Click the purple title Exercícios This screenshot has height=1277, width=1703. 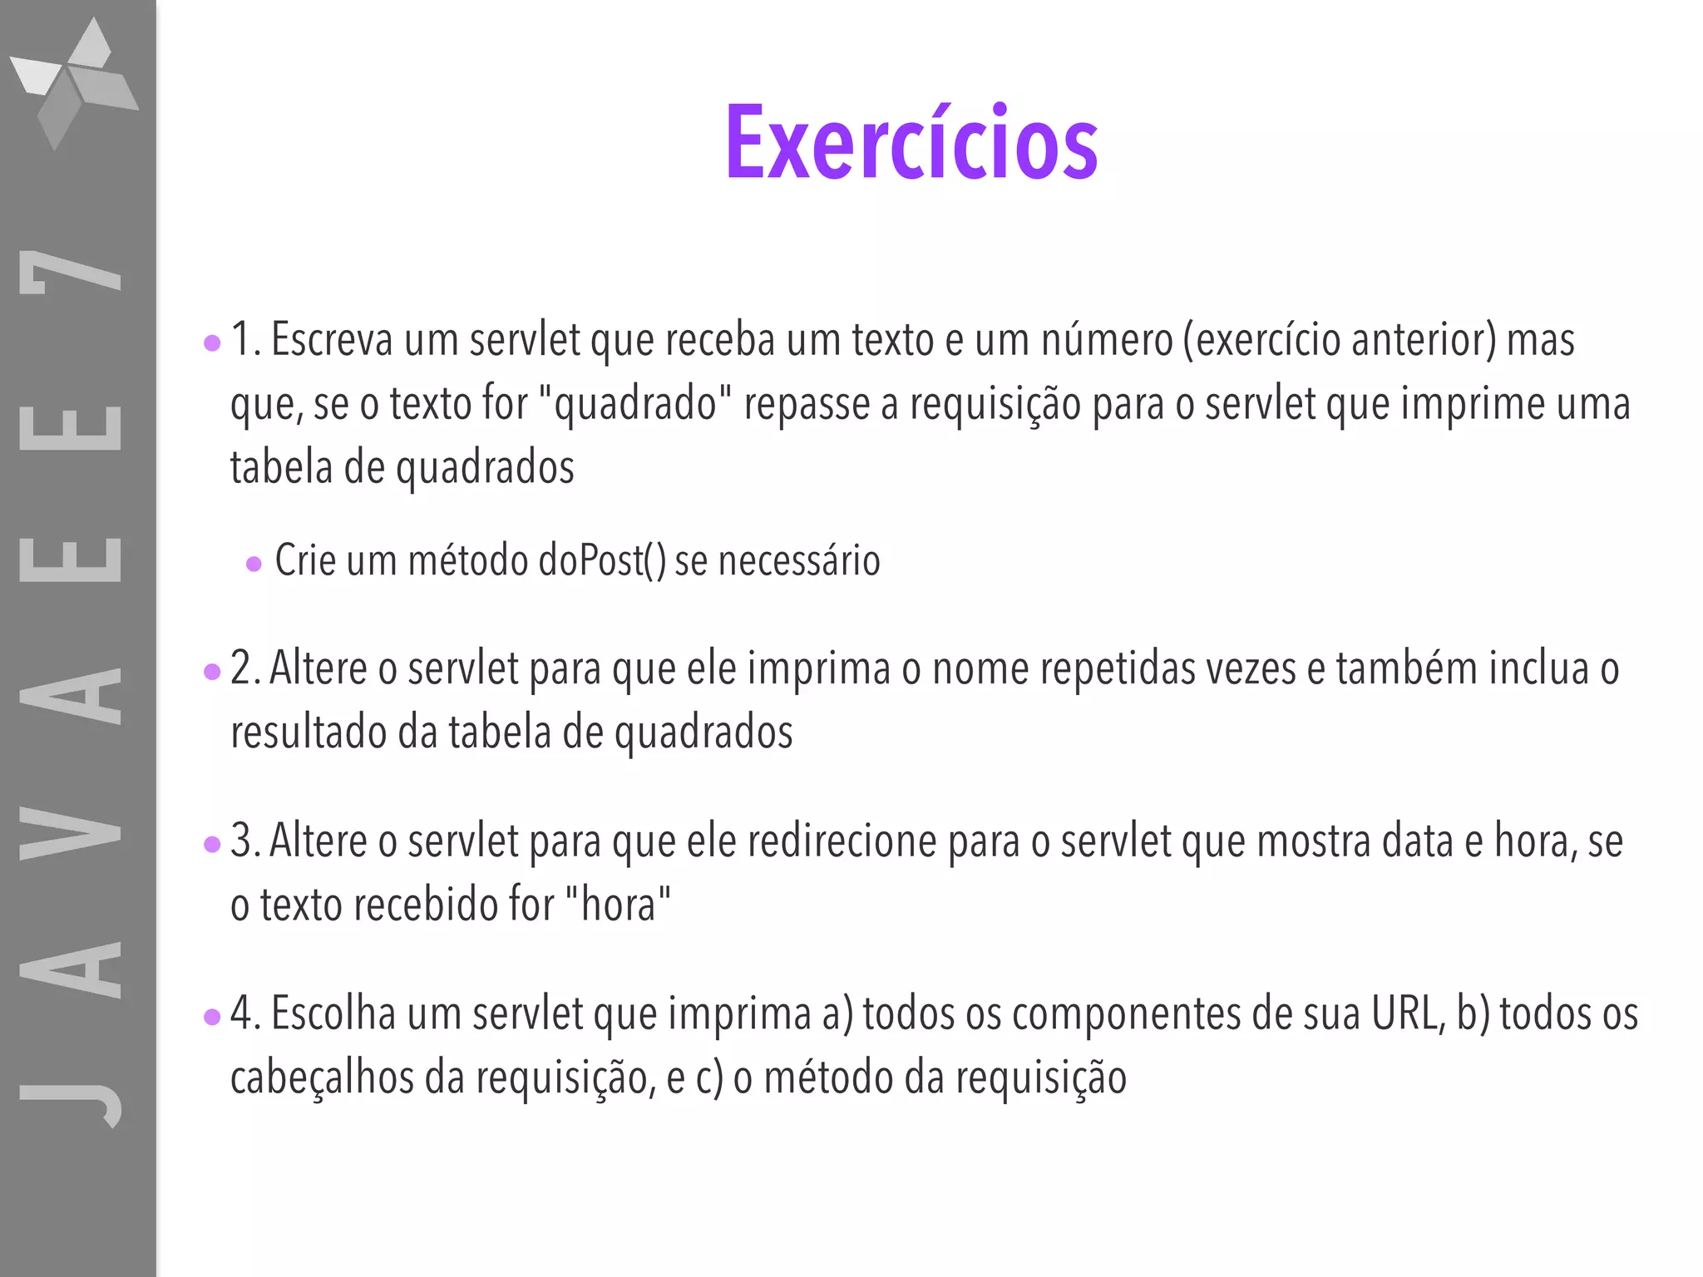911,143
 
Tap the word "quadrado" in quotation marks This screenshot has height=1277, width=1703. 635,405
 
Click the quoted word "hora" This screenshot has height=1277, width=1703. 617,905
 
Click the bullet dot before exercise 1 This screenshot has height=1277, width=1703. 212,343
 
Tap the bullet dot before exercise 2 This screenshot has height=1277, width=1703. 212,671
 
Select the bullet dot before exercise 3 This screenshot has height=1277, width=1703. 212,844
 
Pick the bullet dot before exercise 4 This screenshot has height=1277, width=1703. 212,1016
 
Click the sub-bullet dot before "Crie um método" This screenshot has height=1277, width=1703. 254,565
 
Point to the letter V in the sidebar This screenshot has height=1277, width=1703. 71,831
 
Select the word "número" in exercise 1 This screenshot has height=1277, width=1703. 1107,340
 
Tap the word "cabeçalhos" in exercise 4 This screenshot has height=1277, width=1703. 322,1078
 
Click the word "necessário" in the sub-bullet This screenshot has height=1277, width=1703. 798,560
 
